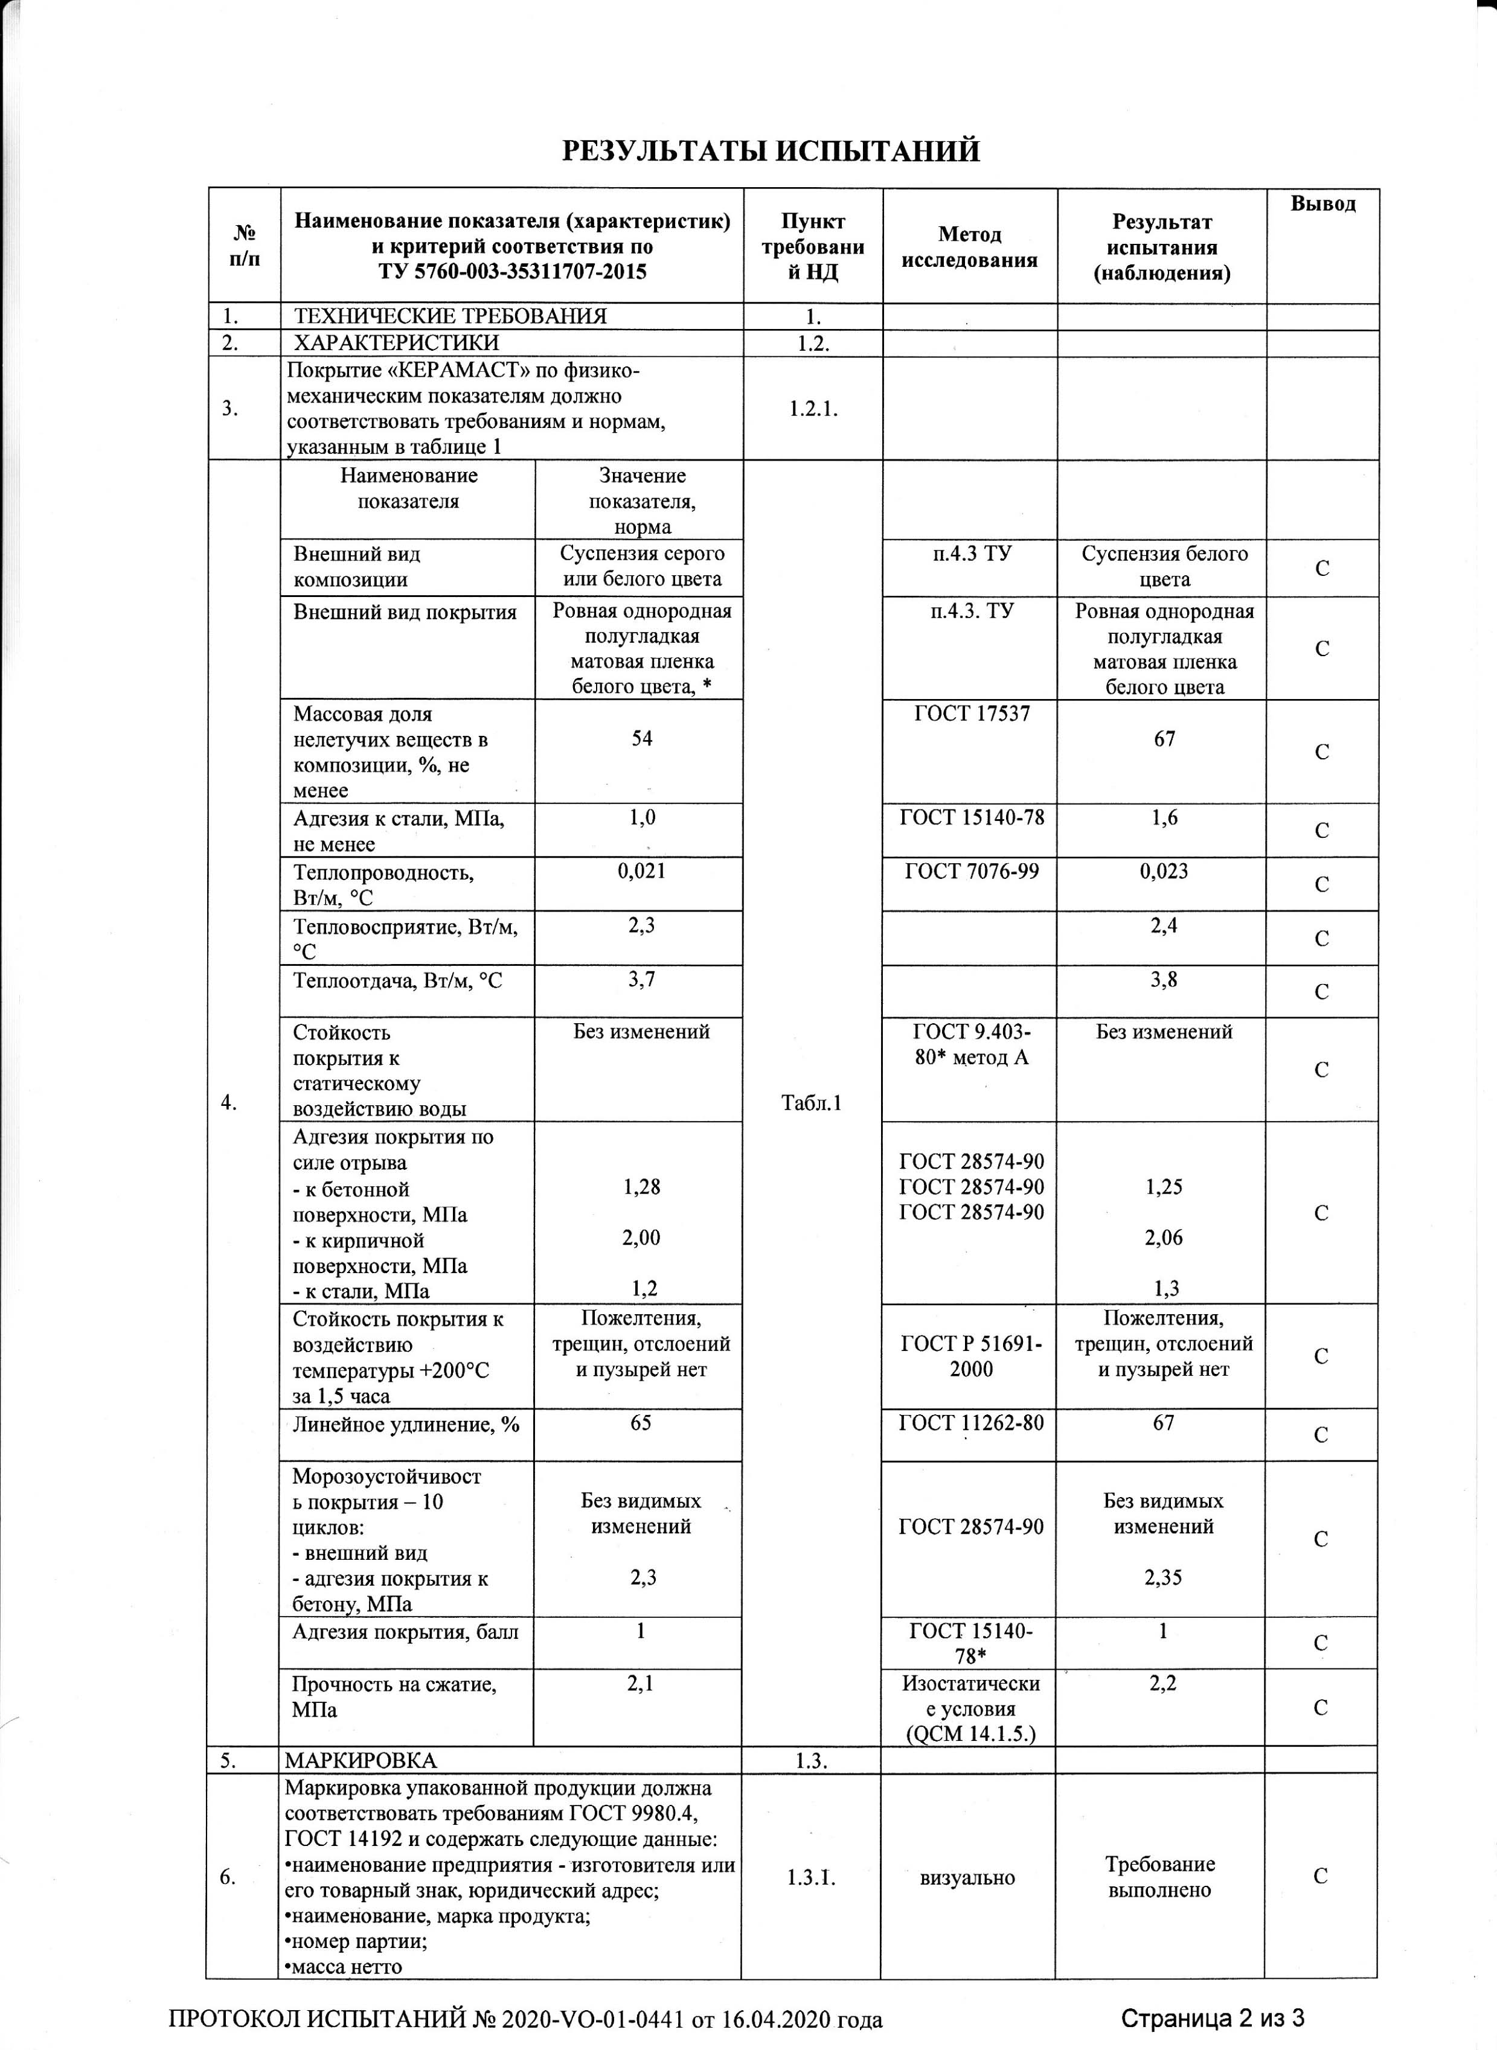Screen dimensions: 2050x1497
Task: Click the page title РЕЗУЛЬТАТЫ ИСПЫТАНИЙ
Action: point(771,150)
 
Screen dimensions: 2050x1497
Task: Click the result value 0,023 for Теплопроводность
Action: point(1164,872)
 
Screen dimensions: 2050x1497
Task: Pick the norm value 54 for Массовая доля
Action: point(641,739)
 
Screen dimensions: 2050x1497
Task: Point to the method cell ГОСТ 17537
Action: point(972,714)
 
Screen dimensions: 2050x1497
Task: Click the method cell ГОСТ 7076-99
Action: point(972,872)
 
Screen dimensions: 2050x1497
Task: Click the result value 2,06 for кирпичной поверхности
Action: point(1164,1238)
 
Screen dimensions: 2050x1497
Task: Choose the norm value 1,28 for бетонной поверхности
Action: point(641,1187)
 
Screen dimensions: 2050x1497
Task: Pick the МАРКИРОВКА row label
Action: point(361,1761)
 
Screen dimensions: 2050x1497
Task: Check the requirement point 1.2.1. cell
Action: point(813,409)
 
